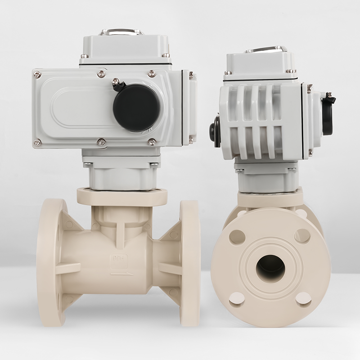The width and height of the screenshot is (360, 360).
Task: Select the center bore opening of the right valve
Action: coord(270,269)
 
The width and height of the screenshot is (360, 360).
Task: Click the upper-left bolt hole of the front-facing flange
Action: coord(237,237)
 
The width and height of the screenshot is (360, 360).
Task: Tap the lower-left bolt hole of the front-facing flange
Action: coord(237,299)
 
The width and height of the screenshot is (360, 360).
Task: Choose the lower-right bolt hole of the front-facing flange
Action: coord(303,298)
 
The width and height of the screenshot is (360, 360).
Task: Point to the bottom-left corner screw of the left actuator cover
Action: coord(37,143)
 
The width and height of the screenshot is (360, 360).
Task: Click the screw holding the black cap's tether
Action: coord(116,81)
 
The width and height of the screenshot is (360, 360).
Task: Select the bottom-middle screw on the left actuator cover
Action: coord(102,142)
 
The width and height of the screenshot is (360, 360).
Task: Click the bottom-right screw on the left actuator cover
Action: coord(152,142)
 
